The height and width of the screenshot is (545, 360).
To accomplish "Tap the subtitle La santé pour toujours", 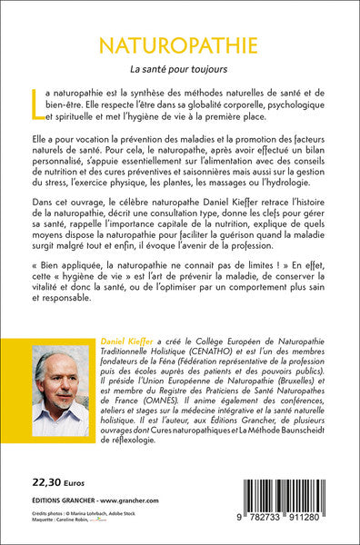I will click(x=179, y=69).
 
